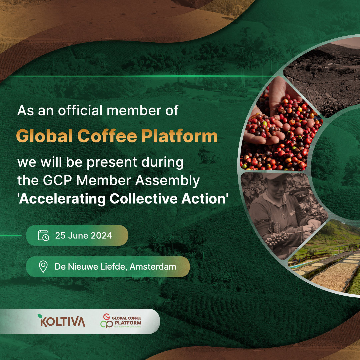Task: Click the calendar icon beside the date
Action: coord(43,235)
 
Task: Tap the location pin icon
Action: coord(43,267)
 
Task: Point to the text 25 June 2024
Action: coord(84,235)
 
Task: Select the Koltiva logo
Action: coord(62,321)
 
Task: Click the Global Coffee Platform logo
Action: coord(121,321)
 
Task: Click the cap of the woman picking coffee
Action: coord(274,177)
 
